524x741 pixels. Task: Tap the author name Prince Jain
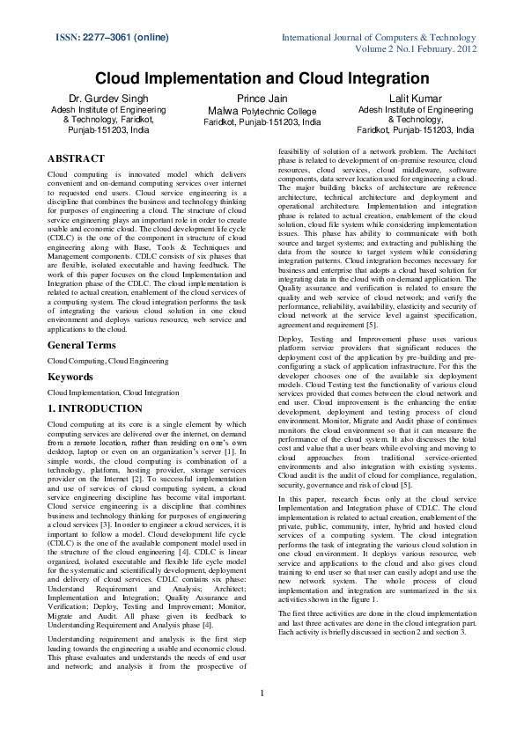(262, 99)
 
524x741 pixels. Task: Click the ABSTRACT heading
(75, 158)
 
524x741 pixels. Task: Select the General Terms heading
(81, 345)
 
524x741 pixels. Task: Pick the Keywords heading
(70, 377)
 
